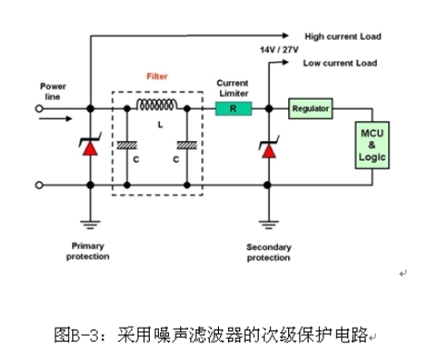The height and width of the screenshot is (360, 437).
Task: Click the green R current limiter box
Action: [234, 109]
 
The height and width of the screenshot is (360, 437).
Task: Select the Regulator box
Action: [310, 109]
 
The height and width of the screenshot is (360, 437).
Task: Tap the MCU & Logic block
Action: [372, 145]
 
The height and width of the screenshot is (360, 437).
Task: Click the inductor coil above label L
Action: [157, 104]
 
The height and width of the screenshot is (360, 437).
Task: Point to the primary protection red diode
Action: [91, 147]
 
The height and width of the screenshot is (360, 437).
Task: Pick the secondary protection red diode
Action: [269, 150]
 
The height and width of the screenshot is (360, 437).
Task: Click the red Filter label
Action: [157, 77]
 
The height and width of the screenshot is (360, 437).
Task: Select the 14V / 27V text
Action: [279, 50]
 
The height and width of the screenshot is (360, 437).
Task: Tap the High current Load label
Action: [343, 37]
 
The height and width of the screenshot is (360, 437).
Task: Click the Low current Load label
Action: [340, 63]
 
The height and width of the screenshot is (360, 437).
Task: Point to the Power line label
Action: [53, 91]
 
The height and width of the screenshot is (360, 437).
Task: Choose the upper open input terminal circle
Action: [39, 109]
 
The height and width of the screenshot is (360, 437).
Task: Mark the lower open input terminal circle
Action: [39, 186]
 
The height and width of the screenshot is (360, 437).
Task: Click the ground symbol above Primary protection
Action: [91, 225]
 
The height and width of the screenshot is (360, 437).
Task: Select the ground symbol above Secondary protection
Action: [269, 225]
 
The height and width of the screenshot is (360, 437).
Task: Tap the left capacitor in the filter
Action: [127, 145]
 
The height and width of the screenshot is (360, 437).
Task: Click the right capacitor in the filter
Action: [187, 145]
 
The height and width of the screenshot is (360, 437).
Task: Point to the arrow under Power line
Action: [55, 119]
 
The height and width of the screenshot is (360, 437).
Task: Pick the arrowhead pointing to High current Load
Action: [285, 36]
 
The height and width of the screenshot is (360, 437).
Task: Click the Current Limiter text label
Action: [233, 88]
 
